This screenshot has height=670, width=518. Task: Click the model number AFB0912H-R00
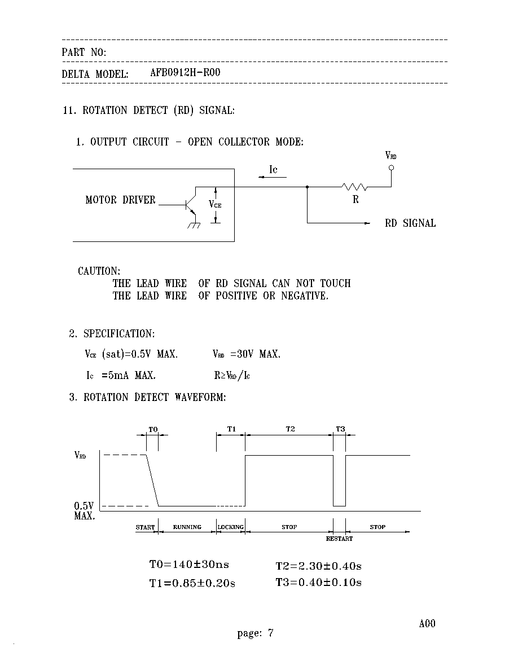coord(185,72)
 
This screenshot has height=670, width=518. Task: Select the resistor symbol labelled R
coord(354,186)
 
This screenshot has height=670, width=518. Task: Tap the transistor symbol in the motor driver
coord(190,205)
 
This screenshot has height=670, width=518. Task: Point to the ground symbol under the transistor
coord(194,225)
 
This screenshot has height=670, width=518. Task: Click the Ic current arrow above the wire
coord(272,177)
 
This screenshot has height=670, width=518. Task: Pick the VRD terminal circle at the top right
coord(390,167)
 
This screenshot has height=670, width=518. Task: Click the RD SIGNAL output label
coord(410,223)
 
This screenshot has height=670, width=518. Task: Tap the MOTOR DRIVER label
coord(120,200)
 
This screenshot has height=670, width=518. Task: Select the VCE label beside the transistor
coord(215,204)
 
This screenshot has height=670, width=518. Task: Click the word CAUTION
coord(99,271)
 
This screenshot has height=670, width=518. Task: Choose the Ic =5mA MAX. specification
coord(121,375)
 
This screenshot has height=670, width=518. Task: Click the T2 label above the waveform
coord(290,429)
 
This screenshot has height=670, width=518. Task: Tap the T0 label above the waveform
coord(153,429)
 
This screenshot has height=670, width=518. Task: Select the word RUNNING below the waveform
coord(187,527)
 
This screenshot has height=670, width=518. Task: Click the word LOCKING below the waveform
coord(230,527)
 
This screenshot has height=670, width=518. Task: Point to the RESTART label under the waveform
coord(339,539)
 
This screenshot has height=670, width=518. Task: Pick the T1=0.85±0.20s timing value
coord(192,583)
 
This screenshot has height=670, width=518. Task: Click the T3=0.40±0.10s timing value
coord(318,582)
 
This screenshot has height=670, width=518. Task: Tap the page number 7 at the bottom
coord(270,632)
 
